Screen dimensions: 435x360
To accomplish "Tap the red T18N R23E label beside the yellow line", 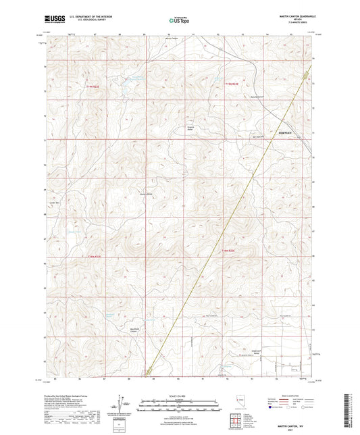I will point(230,251).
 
